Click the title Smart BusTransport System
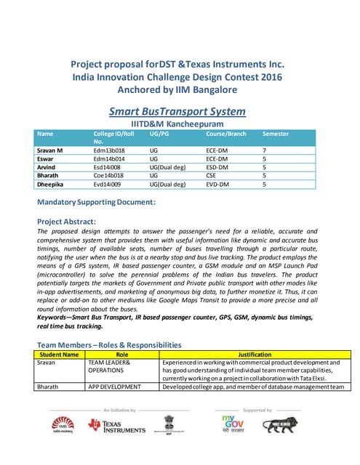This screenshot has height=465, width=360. click(x=177, y=111)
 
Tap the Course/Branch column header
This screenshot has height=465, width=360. click(x=225, y=134)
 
